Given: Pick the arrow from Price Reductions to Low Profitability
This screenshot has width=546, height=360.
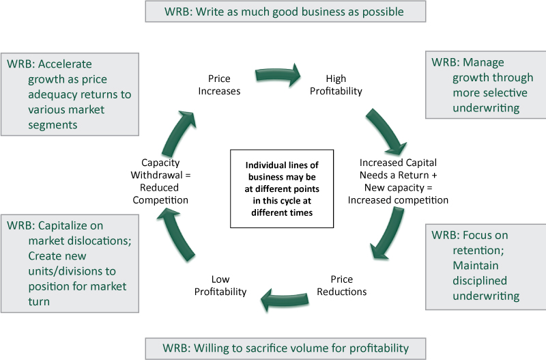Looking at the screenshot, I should tap(283, 298).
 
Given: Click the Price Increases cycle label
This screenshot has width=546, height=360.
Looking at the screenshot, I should tap(224, 85).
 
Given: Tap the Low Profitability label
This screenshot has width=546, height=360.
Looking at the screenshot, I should tap(220, 286).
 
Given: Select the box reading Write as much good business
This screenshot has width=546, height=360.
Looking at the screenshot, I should tap(285, 12).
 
